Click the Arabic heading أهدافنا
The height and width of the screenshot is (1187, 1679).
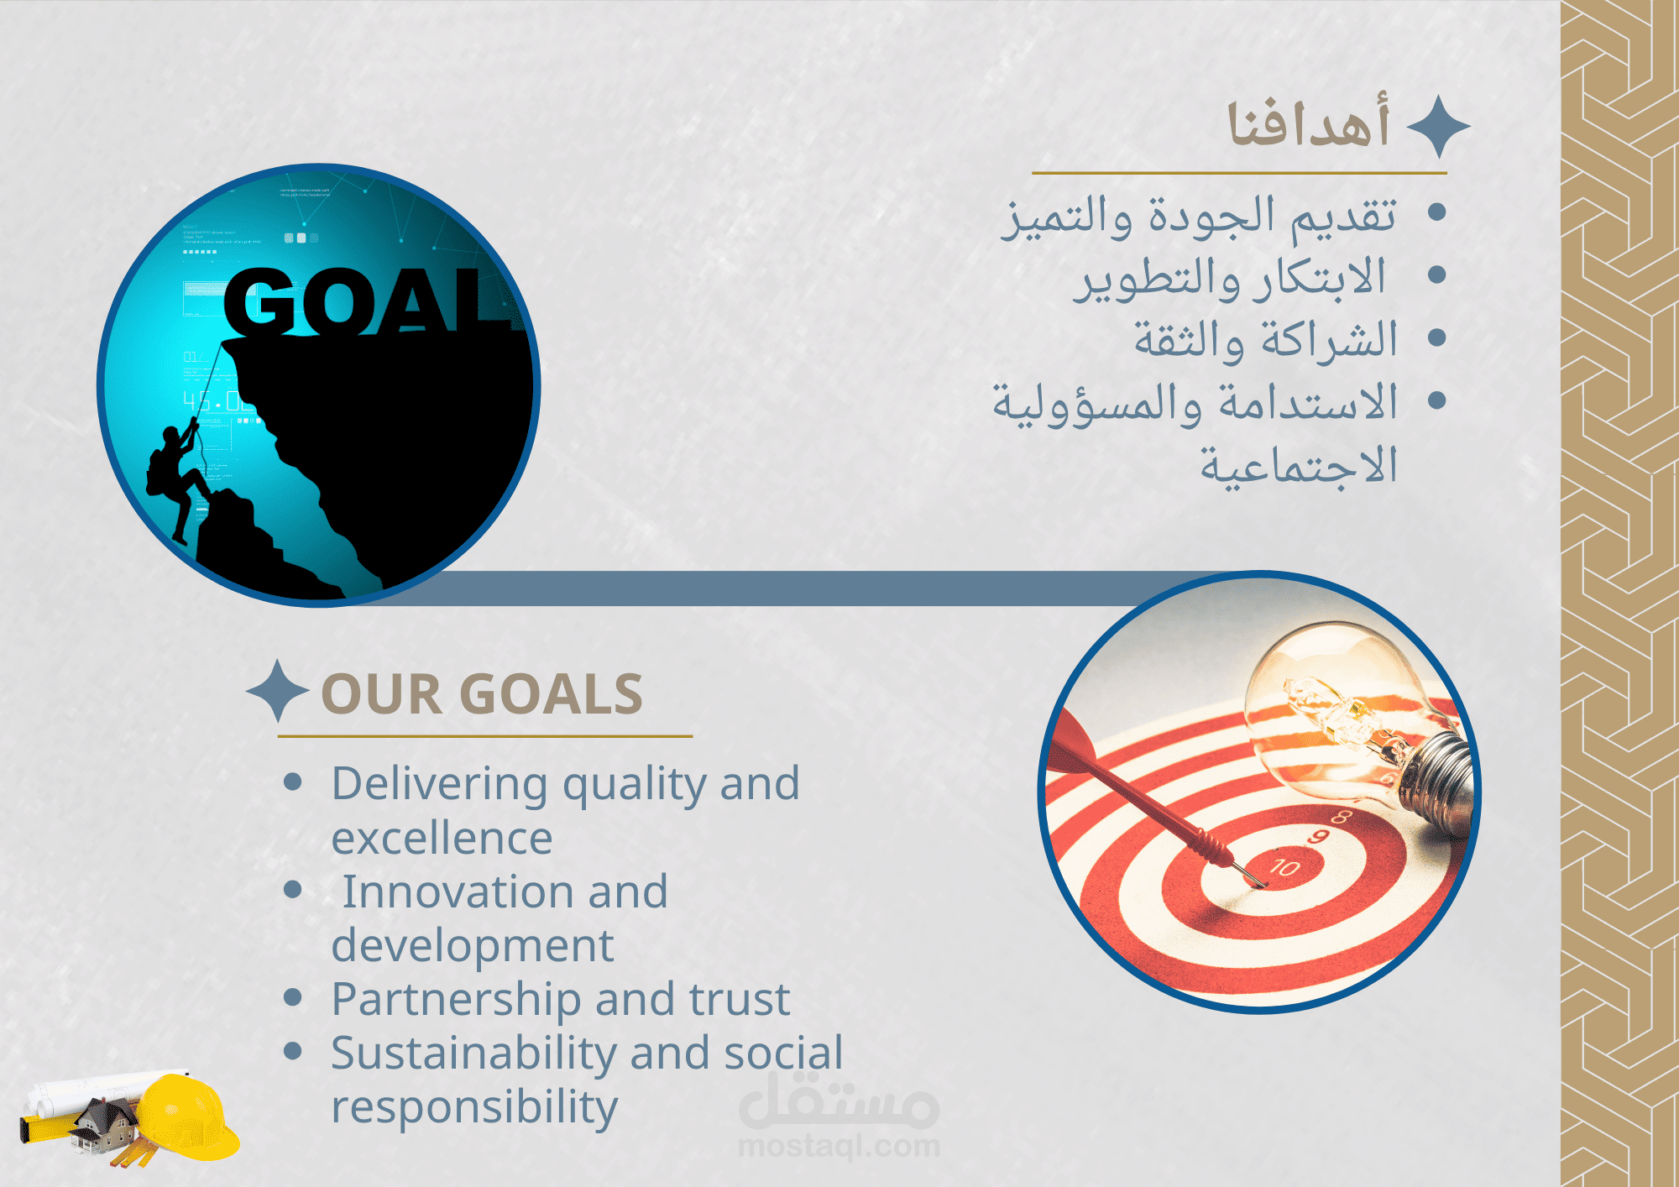pyautogui.click(x=1309, y=123)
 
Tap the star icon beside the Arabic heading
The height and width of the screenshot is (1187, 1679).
pyautogui.click(x=1438, y=127)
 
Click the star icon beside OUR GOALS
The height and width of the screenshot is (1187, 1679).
pyautogui.click(x=278, y=691)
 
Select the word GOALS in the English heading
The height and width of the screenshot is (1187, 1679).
pyautogui.click(x=552, y=694)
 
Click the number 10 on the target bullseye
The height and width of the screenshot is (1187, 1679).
pyautogui.click(x=1284, y=867)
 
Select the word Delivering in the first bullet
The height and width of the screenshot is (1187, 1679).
pyautogui.click(x=440, y=785)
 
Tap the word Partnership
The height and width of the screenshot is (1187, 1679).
pyautogui.click(x=457, y=1001)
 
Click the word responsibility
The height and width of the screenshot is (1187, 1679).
pyautogui.click(x=474, y=1108)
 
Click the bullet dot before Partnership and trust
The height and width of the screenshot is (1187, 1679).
pyautogui.click(x=293, y=997)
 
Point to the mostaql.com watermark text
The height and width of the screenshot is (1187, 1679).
pyautogui.click(x=839, y=1145)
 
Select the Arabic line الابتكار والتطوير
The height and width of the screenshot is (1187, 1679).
pyautogui.click(x=1231, y=278)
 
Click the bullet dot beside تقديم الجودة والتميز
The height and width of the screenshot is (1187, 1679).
pyautogui.click(x=1436, y=212)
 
